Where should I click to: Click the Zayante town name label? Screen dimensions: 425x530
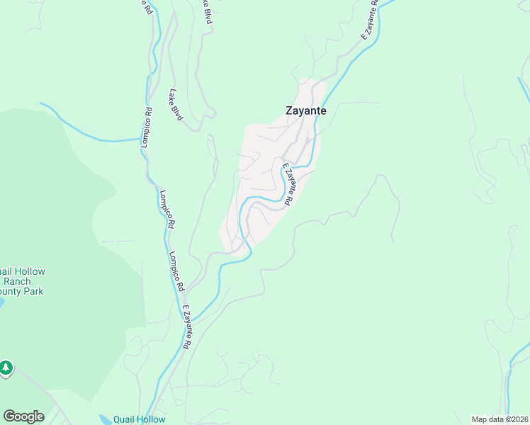coord(305,110)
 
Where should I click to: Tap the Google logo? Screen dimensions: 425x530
coord(23,416)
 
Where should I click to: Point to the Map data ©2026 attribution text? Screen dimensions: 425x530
coord(500,419)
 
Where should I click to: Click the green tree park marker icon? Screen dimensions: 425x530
coord(6,368)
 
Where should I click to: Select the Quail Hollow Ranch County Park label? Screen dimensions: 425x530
coord(21,281)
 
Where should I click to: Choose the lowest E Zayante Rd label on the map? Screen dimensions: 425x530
coord(187,327)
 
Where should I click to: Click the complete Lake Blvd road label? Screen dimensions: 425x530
coord(176,104)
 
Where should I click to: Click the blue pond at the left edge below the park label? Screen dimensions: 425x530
coord(1,302)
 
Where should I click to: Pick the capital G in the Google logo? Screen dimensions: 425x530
coord(9,416)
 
